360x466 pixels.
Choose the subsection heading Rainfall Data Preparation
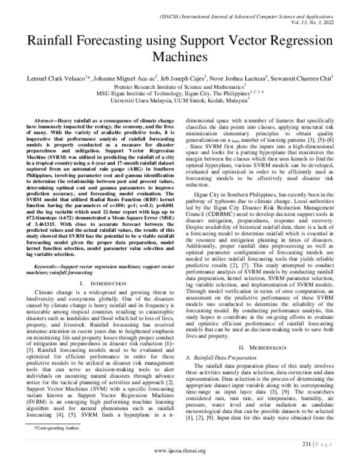coord(226,358)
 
